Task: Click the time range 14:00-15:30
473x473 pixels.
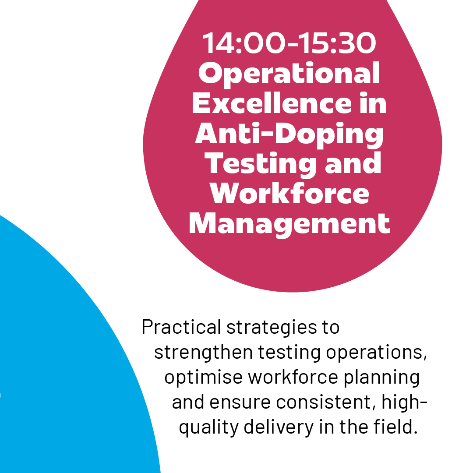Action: coord(289,44)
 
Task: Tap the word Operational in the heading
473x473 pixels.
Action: coord(289,74)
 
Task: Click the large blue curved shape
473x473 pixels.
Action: coord(66,350)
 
